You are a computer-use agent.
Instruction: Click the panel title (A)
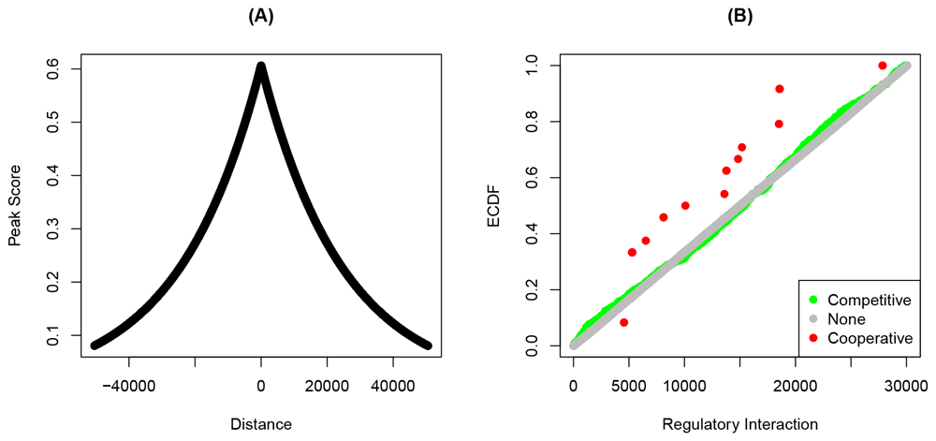click(261, 16)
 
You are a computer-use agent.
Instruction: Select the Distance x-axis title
click(261, 424)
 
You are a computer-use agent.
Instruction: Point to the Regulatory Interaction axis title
click(739, 424)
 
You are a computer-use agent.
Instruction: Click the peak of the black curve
click(261, 66)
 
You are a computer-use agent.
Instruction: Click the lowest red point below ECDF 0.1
click(624, 322)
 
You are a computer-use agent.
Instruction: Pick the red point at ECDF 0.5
click(685, 205)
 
